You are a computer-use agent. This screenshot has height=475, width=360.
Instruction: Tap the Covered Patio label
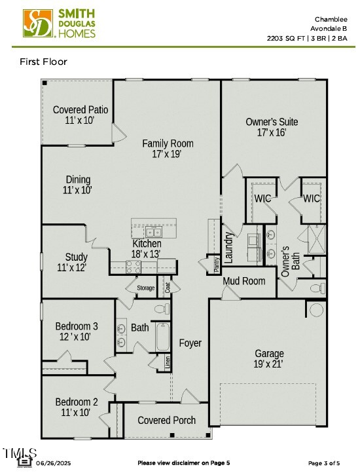tap(81, 115)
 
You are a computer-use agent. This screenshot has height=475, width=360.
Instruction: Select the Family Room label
tap(168, 149)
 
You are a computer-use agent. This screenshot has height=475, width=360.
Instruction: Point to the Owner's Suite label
tap(272, 127)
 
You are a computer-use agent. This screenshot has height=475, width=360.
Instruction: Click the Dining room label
tap(78, 185)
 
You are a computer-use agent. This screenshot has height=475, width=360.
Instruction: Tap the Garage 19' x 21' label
tap(269, 360)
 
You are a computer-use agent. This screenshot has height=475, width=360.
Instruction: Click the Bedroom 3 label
tap(76, 332)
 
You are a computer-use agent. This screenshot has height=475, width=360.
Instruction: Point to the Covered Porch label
tap(166, 420)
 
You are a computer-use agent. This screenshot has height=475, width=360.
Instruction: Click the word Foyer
tap(190, 343)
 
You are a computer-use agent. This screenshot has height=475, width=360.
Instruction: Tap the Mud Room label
tap(244, 281)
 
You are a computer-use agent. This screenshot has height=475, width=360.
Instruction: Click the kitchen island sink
tap(154, 231)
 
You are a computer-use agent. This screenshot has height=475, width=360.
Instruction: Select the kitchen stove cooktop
tap(134, 266)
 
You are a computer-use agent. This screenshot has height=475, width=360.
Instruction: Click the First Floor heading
tap(44, 62)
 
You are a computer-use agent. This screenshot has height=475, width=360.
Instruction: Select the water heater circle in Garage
tap(317, 309)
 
